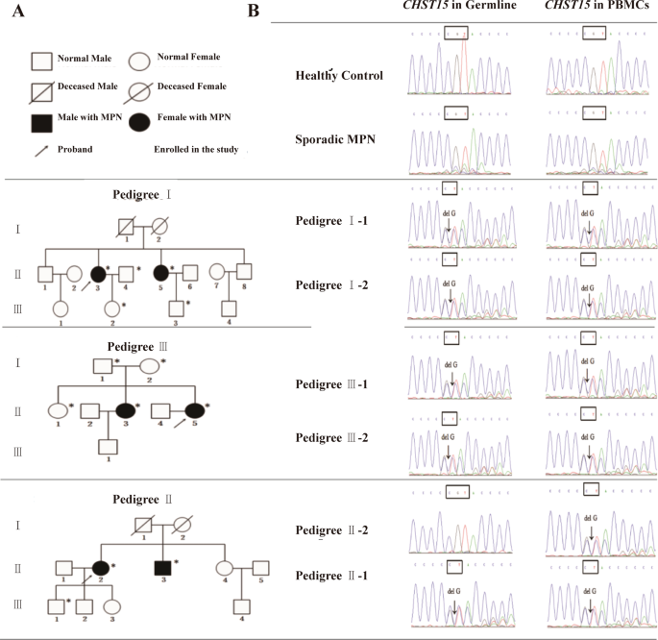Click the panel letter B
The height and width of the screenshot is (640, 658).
point(254,12)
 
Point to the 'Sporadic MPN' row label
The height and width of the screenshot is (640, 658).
point(334,138)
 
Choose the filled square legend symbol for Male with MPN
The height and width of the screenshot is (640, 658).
point(42,120)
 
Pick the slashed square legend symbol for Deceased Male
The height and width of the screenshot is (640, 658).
point(42,90)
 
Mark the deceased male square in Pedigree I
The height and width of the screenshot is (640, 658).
point(125,228)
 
